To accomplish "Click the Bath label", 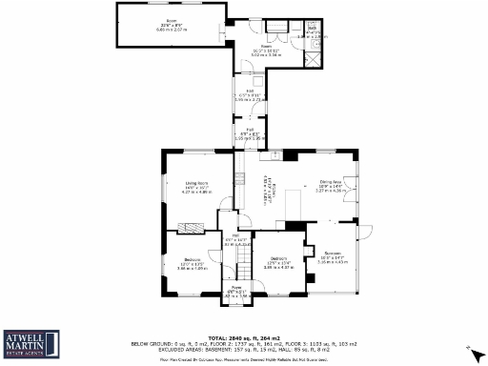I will (312, 29).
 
